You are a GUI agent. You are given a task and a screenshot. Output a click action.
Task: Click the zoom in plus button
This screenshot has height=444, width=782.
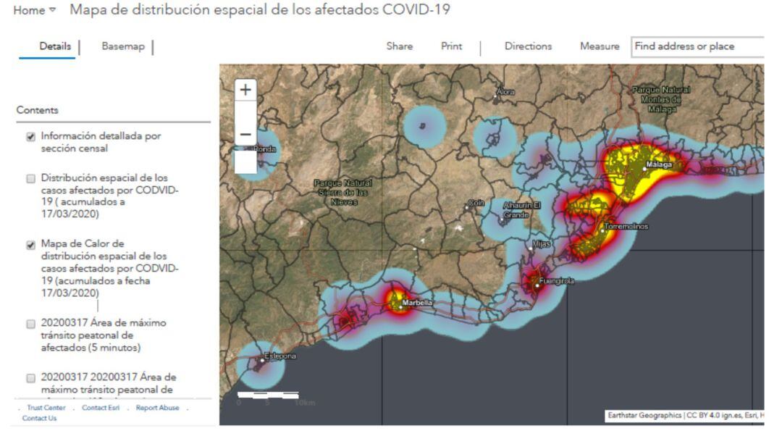click(x=246, y=91)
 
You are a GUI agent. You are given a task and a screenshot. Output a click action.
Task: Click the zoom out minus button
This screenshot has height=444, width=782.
click(x=246, y=135)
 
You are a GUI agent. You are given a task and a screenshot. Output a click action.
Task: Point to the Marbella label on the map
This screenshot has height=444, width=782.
click(x=418, y=303)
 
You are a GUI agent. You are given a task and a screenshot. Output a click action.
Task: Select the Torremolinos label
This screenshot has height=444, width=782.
click(x=627, y=227)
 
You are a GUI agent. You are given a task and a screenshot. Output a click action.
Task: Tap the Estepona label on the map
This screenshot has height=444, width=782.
click(x=279, y=356)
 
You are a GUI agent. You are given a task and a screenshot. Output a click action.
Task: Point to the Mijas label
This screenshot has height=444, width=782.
click(x=542, y=245)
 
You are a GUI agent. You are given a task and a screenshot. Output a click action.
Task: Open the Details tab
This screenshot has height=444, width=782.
click(x=56, y=46)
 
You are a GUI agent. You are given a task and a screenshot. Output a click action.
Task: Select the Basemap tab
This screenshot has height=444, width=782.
click(x=123, y=46)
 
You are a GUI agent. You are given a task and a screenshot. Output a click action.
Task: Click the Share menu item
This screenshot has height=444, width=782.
click(x=400, y=46)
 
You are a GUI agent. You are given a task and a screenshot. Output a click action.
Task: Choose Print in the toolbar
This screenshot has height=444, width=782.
click(x=451, y=46)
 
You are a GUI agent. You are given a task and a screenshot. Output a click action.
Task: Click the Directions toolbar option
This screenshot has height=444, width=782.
click(x=528, y=46)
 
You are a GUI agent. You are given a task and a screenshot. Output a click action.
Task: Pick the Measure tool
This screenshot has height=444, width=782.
click(x=600, y=46)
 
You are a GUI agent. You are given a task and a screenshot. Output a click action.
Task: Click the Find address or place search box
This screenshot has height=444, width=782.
click(x=697, y=46)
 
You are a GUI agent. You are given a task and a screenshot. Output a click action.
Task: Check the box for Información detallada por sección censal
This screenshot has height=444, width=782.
click(x=31, y=137)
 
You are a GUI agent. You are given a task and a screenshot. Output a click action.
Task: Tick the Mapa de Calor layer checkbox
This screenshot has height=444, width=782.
click(x=31, y=245)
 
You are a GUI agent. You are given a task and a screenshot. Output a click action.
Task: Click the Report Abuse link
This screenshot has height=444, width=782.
click(x=157, y=408)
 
